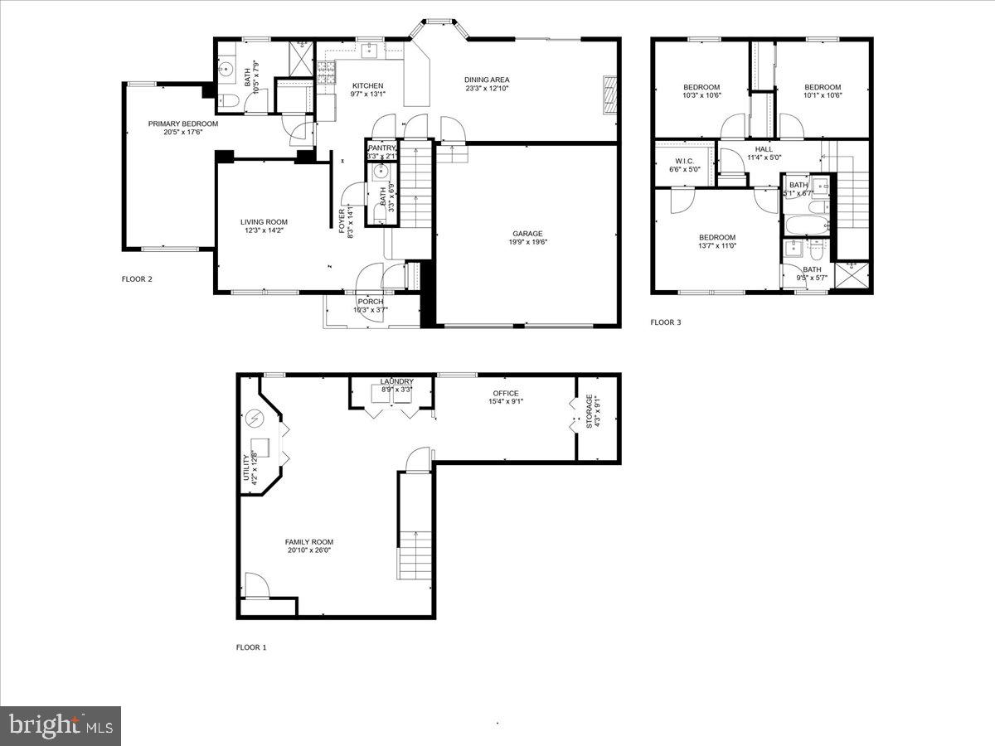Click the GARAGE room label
pyautogui.click(x=527, y=234)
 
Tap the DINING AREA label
pyautogui.click(x=487, y=80)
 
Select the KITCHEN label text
pyautogui.click(x=367, y=85)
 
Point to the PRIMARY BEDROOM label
pyautogui.click(x=183, y=124)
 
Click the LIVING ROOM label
pyautogui.click(x=264, y=221)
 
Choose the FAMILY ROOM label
pyautogui.click(x=310, y=542)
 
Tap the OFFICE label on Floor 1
pyautogui.click(x=505, y=393)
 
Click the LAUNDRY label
pyautogui.click(x=397, y=381)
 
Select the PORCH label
pyautogui.click(x=371, y=301)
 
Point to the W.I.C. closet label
pyautogui.click(x=684, y=161)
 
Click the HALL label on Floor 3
pyautogui.click(x=764, y=149)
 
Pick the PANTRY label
pyautogui.click(x=382, y=148)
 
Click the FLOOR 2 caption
pyautogui.click(x=137, y=279)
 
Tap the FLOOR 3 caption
pyautogui.click(x=665, y=322)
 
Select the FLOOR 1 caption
pyautogui.click(x=251, y=647)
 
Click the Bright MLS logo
pyautogui.click(x=61, y=726)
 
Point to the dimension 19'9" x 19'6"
pyautogui.click(x=528, y=243)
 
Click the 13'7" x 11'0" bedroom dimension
pyautogui.click(x=717, y=246)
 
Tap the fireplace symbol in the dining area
pyautogui.click(x=610, y=94)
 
